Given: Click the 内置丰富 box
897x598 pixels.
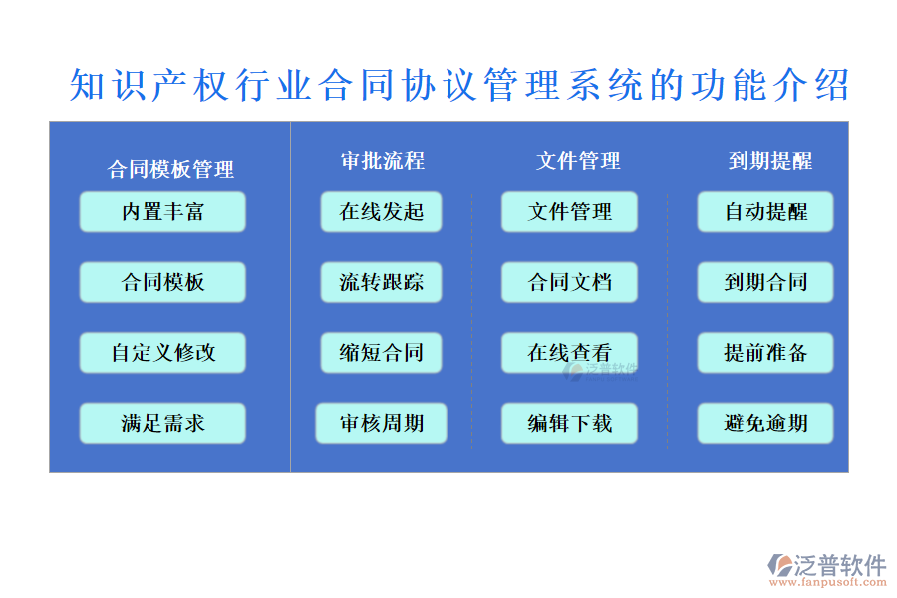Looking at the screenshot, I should coord(162,212).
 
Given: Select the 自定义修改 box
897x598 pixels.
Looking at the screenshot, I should coord(162,353).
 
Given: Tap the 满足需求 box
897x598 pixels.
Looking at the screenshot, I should coord(162,424).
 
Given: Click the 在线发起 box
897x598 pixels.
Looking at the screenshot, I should coord(382,212).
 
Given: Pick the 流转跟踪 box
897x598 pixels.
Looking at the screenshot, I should coord(382,283).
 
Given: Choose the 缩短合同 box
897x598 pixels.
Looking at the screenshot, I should coord(382,353).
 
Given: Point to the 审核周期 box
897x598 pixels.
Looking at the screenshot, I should coord(382,424).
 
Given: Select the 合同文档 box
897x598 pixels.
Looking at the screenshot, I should coord(569,283).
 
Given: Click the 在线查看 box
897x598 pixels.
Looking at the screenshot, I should coord(569,353).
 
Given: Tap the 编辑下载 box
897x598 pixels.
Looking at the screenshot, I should coord(569,424).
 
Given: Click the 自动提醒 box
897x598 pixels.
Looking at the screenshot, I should coord(765,212).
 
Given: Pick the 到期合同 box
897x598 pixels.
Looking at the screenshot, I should coord(765,283).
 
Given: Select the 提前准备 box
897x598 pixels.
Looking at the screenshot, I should coord(765,353).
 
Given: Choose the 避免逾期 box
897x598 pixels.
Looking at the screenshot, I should coord(765,424).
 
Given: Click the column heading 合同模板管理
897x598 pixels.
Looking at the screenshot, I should coord(171,170).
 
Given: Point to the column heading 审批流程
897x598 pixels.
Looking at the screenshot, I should coord(383,161).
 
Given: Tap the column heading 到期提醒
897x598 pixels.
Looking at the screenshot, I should coord(769,161).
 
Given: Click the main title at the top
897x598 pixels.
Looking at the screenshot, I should coord(459,86).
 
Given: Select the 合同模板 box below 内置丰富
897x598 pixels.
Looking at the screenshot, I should coord(162,283).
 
